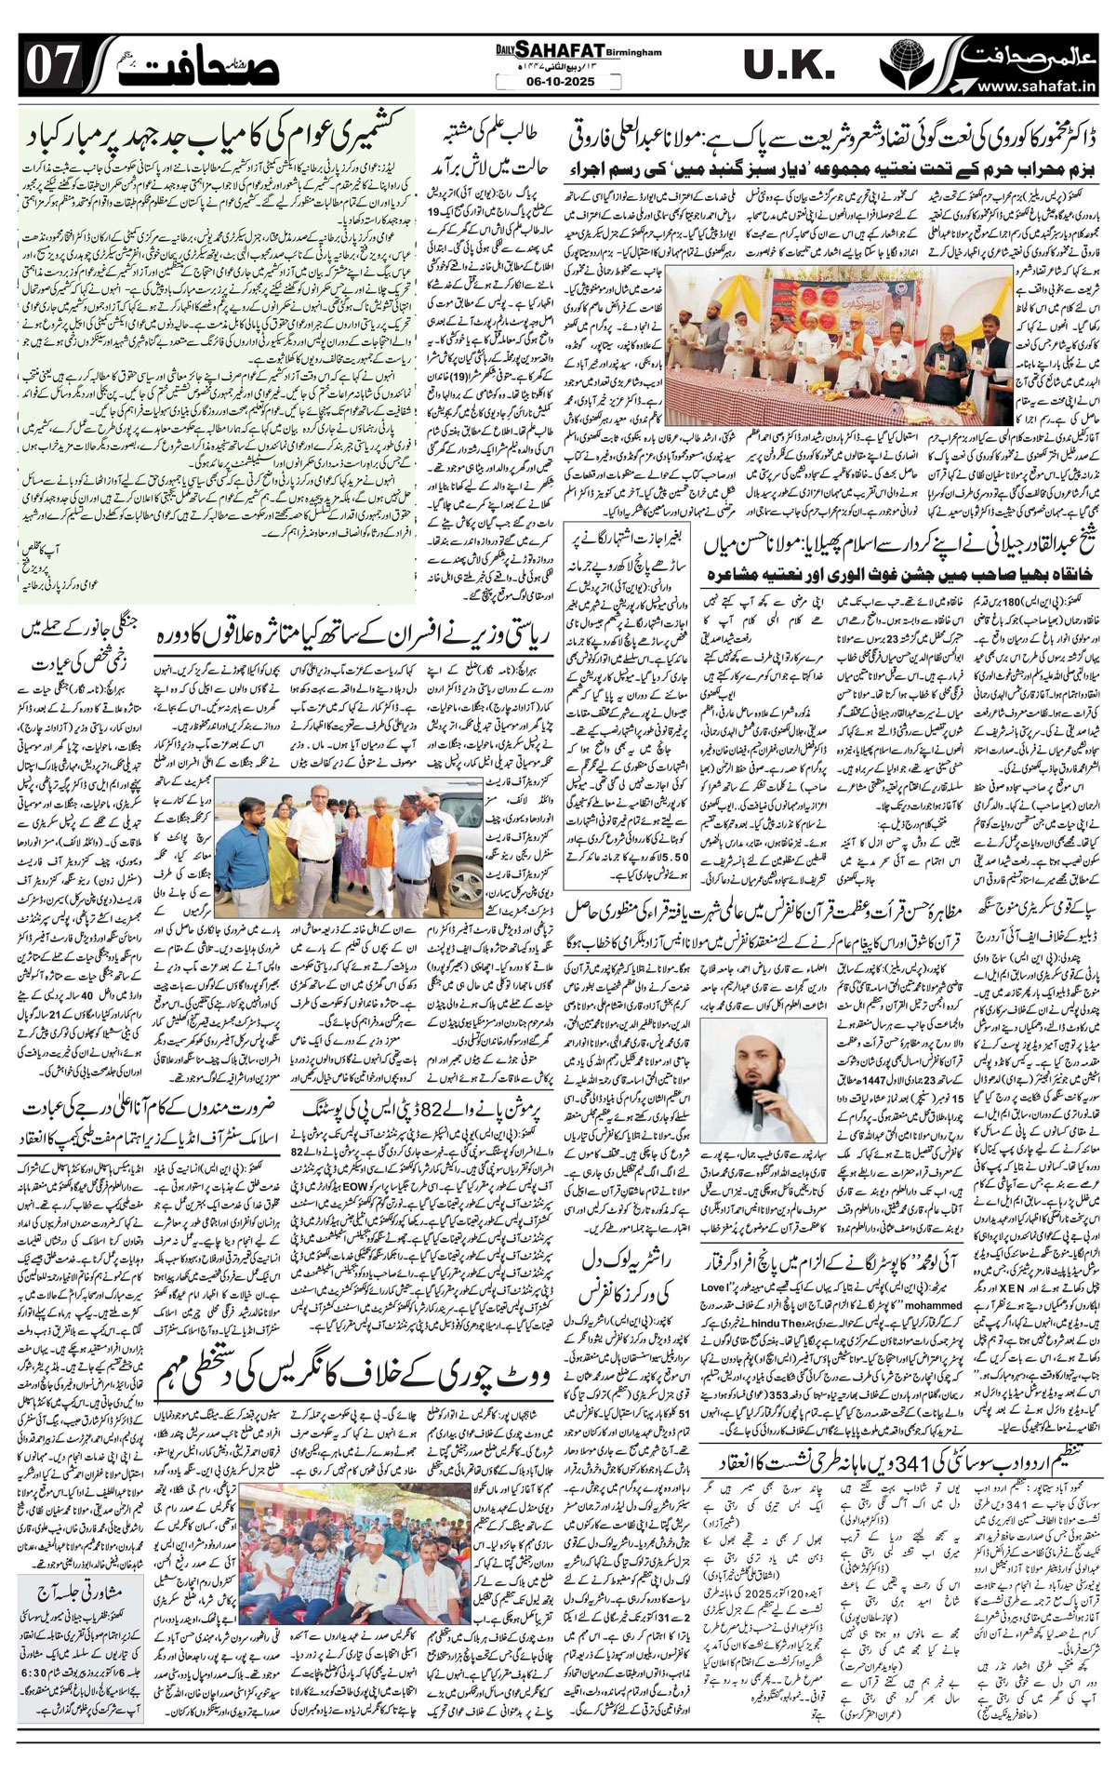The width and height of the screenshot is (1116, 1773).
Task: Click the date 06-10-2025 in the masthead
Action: (557, 82)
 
